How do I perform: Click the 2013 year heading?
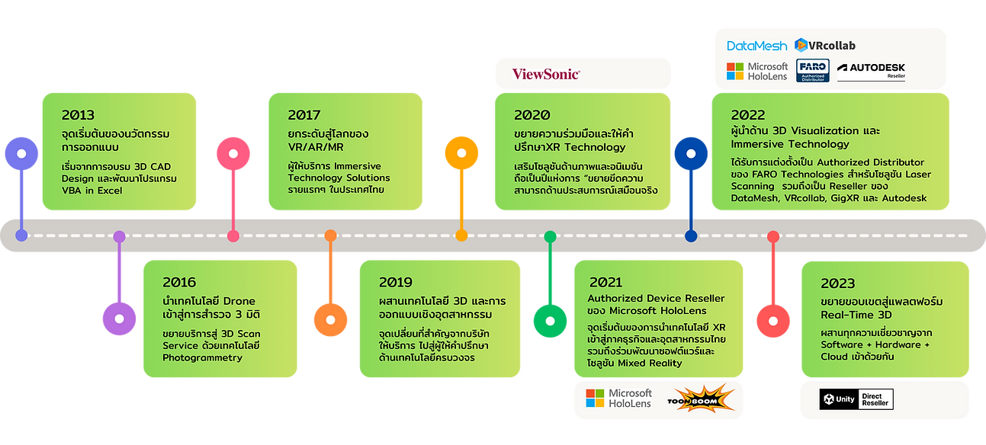click(x=78, y=115)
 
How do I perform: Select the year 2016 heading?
click(x=179, y=282)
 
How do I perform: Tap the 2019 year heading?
click(x=396, y=282)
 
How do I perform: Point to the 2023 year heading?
click(x=837, y=283)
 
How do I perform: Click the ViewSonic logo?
click(x=546, y=74)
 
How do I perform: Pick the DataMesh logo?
click(x=756, y=46)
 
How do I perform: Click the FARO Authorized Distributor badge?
click(x=811, y=71)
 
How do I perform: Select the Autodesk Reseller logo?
click(x=871, y=71)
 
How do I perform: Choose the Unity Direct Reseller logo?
click(x=856, y=399)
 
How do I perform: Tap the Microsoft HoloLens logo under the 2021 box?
click(x=618, y=399)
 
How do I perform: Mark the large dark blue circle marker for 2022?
click(x=691, y=153)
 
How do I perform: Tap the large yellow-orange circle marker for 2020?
click(x=461, y=153)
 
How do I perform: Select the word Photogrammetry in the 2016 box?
click(x=202, y=357)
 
